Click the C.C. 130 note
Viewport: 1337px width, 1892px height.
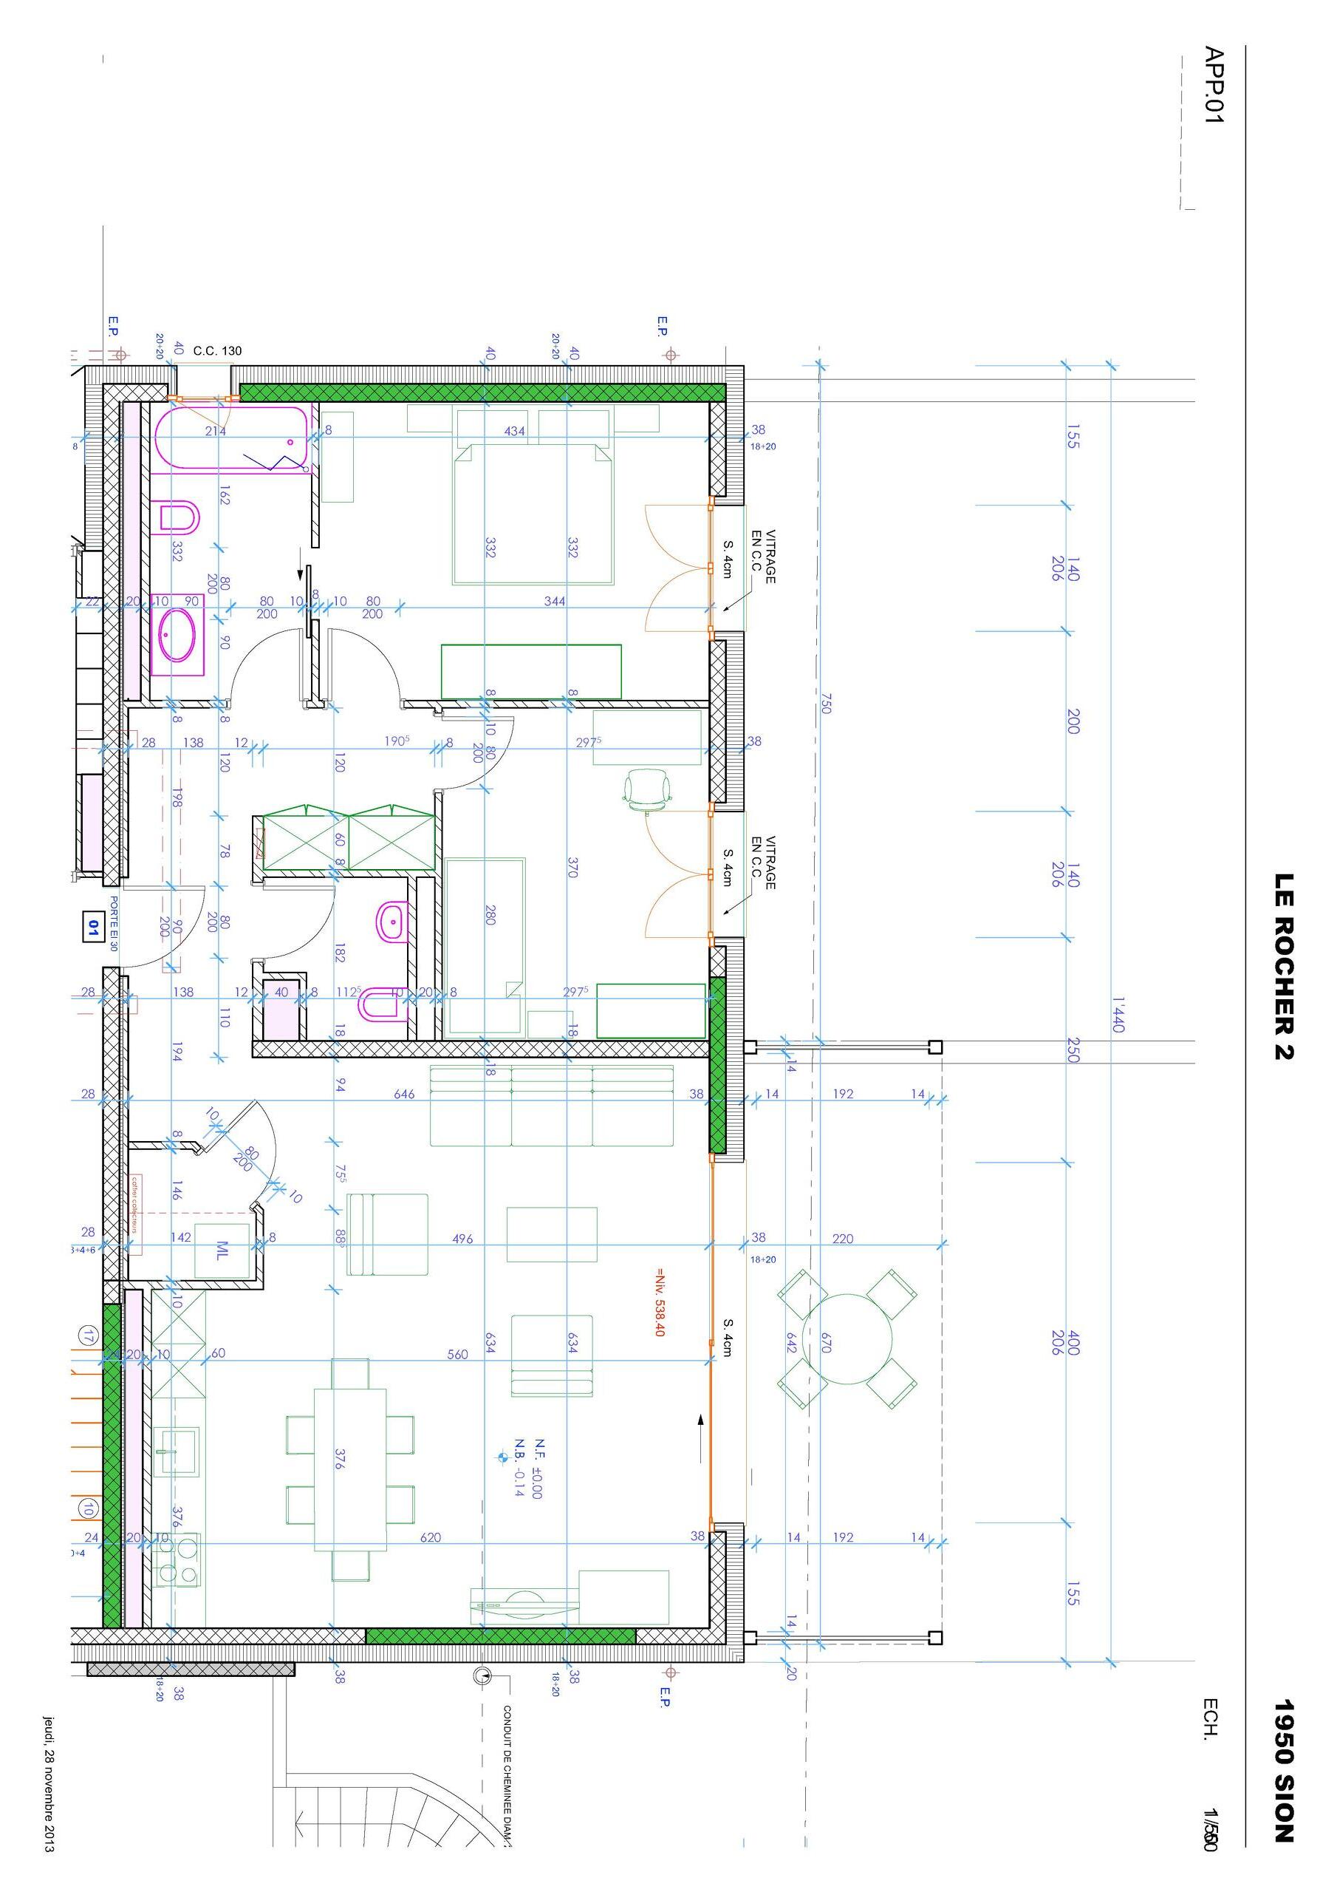click(217, 351)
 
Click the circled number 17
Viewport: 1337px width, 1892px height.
click(87, 1335)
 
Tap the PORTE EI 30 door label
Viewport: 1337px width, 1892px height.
click(114, 924)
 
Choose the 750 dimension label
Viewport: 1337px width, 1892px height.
click(825, 703)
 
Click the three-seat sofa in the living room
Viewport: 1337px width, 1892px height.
click(551, 1105)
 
